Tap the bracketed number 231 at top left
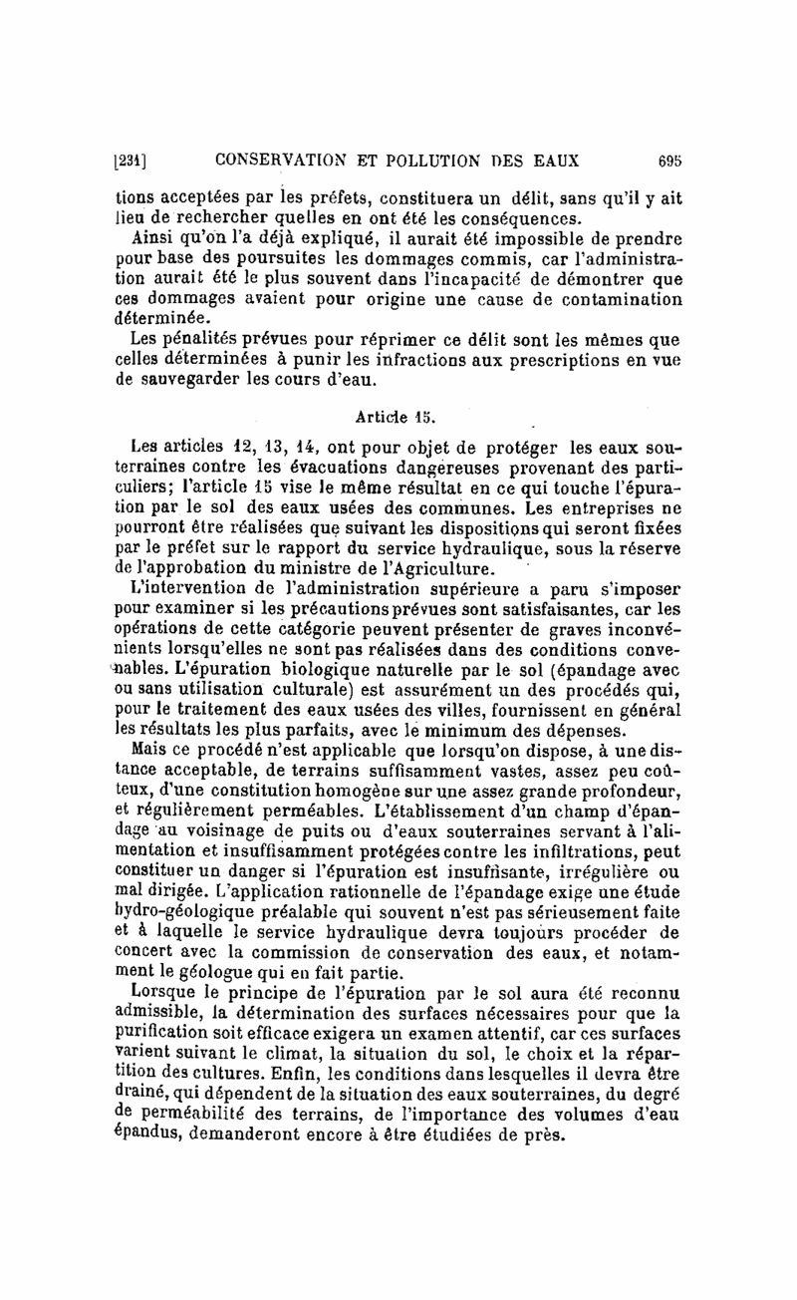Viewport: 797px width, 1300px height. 132,159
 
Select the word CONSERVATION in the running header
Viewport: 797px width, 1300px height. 287,159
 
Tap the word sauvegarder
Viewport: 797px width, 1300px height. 185,381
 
